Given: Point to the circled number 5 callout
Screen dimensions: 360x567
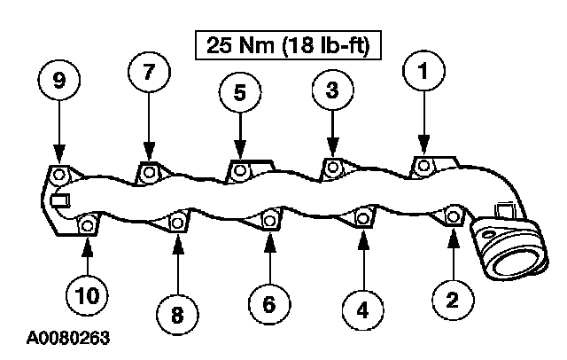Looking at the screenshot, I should (x=240, y=93).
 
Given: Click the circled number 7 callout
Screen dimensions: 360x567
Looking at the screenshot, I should (x=148, y=74).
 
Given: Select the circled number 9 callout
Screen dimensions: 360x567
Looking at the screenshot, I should (x=58, y=81).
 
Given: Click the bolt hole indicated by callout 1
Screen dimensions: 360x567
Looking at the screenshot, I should (x=424, y=165).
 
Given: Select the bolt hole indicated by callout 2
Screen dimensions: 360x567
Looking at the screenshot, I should (x=453, y=214).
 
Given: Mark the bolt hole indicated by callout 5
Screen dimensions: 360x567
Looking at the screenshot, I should (x=239, y=168).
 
